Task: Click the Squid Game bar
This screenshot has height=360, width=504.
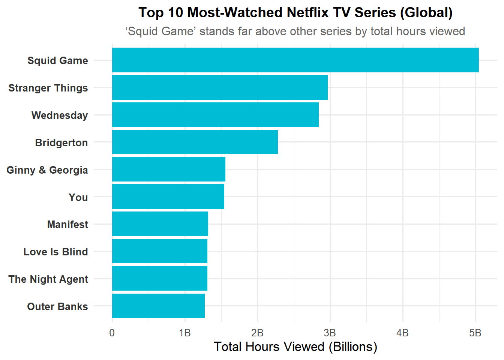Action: coord(295,60)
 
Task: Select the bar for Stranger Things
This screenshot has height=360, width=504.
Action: coord(220,87)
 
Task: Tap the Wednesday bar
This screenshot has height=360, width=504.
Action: coord(215,115)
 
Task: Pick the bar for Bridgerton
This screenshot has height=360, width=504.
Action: coord(195,142)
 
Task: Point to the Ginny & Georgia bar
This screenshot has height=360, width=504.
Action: coord(169,169)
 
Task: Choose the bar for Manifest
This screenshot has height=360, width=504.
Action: coord(160,224)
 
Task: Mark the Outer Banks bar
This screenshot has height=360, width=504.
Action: coord(158,306)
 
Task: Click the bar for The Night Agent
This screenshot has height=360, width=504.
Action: coord(160,279)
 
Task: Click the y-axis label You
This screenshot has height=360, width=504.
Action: coord(78,197)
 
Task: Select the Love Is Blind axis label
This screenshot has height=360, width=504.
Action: coord(56,252)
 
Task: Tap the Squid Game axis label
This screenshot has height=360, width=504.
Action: coord(58,60)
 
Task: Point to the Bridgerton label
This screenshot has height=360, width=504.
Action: coord(61,142)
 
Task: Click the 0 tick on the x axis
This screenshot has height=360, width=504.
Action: coord(112,333)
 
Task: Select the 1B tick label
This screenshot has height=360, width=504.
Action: coord(185,333)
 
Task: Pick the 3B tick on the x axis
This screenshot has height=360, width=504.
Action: coord(330,333)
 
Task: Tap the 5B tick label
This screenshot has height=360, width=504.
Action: coord(475,333)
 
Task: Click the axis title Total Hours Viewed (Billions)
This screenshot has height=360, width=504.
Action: coord(295,346)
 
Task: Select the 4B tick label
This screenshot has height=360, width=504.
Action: coord(403,333)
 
